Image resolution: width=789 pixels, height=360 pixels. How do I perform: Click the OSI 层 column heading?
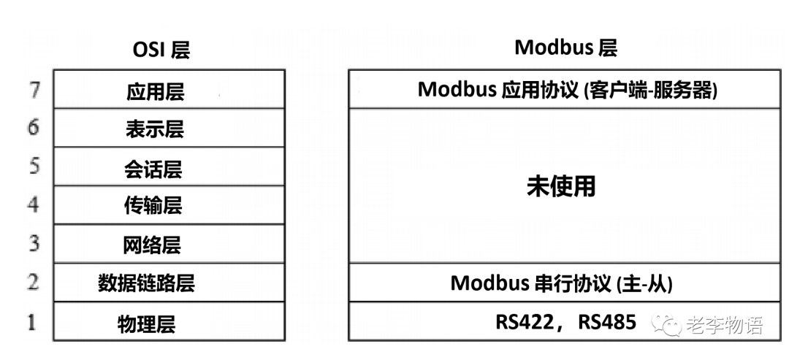tap(161, 50)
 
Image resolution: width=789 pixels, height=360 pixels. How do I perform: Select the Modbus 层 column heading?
tap(566, 48)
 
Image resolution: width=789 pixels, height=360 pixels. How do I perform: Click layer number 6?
tap(33, 128)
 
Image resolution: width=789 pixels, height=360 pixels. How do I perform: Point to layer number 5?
tap(33, 166)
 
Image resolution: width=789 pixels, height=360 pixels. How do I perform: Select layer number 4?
tap(33, 204)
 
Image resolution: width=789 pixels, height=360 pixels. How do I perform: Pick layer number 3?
tap(33, 242)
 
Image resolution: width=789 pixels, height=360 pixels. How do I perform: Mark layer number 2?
tap(32, 281)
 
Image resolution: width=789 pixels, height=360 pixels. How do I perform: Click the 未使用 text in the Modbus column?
tap(561, 186)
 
